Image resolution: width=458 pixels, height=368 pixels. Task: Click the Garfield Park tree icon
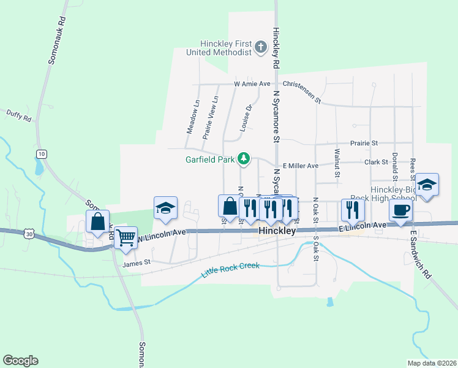click(x=244, y=159)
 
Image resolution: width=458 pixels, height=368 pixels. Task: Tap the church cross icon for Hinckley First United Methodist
click(x=261, y=47)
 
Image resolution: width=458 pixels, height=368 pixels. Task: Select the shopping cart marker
click(x=126, y=237)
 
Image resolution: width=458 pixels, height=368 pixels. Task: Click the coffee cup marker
click(x=401, y=210)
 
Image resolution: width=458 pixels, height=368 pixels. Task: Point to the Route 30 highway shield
click(x=29, y=233)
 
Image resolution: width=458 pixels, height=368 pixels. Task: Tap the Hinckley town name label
click(x=277, y=232)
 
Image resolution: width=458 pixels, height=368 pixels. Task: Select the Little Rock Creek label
click(x=231, y=269)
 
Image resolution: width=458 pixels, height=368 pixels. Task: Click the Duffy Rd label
click(x=18, y=113)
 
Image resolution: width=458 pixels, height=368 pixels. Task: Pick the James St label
click(x=136, y=263)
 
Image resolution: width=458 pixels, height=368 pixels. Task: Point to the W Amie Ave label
click(x=252, y=83)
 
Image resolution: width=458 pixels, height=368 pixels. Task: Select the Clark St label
click(x=376, y=162)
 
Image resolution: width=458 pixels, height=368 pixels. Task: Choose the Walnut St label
click(x=337, y=163)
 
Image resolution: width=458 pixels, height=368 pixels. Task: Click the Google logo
click(x=20, y=361)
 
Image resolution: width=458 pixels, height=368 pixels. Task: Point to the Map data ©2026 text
click(x=431, y=363)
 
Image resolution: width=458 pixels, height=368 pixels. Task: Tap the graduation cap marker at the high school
click(x=427, y=185)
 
